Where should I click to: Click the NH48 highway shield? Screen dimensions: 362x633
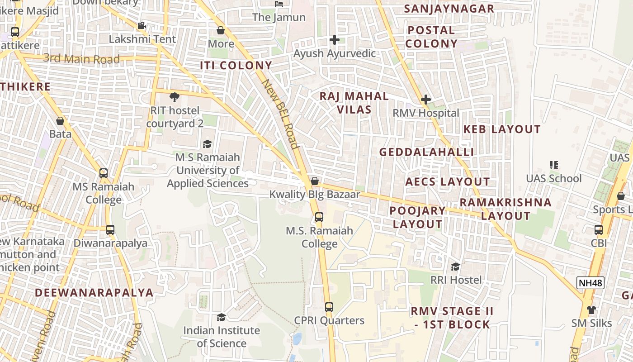(x=590, y=283)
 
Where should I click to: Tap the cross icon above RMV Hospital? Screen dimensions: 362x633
(x=425, y=100)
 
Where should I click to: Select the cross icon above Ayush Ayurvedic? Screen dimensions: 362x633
(x=334, y=40)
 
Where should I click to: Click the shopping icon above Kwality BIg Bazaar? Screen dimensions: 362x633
(x=315, y=181)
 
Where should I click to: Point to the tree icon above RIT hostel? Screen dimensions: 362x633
(x=174, y=97)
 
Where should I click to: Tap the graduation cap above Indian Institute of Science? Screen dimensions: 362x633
(x=221, y=317)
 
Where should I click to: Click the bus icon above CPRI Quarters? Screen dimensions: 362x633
(x=329, y=307)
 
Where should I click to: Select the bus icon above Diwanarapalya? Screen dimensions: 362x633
(x=110, y=229)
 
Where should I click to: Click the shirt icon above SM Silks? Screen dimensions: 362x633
(x=591, y=310)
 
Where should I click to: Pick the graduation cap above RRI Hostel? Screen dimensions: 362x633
(x=455, y=267)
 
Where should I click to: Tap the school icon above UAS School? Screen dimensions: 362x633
(x=553, y=165)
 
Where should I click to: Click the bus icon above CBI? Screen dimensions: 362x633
(x=599, y=229)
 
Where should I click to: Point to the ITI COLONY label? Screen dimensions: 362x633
(x=236, y=66)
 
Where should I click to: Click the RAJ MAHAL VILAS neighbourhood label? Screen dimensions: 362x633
(x=354, y=103)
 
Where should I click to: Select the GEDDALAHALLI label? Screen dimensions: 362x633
(x=426, y=152)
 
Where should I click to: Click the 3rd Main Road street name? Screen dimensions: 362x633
(x=82, y=59)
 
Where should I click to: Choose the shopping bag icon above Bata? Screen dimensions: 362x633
(x=60, y=121)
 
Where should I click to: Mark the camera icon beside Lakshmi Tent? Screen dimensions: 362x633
(x=142, y=25)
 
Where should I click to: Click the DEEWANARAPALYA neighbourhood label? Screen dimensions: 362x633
(x=94, y=292)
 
